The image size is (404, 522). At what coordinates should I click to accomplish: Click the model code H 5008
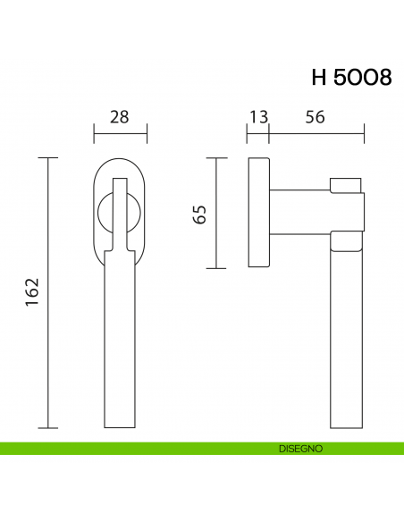pyautogui.click(x=350, y=77)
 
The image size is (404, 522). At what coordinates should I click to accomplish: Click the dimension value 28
pyautogui.click(x=120, y=116)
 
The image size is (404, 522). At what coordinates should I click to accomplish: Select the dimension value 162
pyautogui.click(x=32, y=291)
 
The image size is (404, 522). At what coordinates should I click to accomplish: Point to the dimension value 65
pyautogui.click(x=200, y=214)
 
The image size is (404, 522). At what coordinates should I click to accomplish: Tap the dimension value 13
pyautogui.click(x=258, y=116)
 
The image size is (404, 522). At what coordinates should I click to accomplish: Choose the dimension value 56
pyautogui.click(x=314, y=116)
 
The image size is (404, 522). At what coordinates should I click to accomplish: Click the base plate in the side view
pyautogui.click(x=258, y=213)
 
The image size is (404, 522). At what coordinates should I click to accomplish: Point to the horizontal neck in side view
pyautogui.click(x=299, y=213)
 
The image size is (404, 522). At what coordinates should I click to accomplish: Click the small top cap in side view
pyautogui.click(x=347, y=185)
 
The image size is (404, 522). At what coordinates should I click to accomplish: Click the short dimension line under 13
pyautogui.click(x=258, y=135)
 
